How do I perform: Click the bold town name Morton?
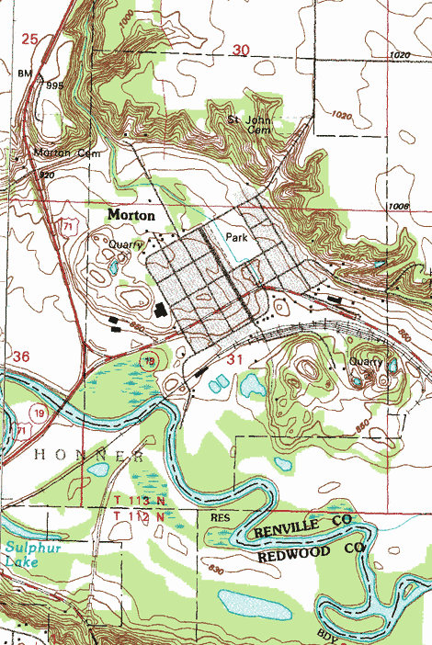pyautogui.click(x=131, y=213)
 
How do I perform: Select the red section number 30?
pyautogui.click(x=241, y=51)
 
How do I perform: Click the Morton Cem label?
pyautogui.click(x=65, y=153)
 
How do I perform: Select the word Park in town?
pyautogui.click(x=237, y=237)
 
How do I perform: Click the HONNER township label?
pyautogui.click(x=88, y=456)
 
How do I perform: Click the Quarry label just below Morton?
pyautogui.click(x=126, y=245)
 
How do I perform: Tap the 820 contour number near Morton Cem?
pyautogui.click(x=46, y=174)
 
